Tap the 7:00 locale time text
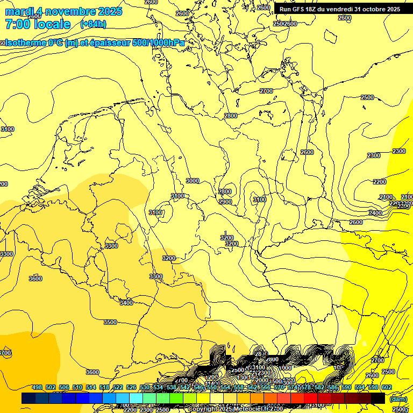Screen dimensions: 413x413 tap(38, 24)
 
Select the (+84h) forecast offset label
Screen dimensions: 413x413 tap(93, 24)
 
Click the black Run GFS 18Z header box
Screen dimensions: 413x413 tap(340, 9)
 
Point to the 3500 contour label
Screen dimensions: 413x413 tap(110, 322)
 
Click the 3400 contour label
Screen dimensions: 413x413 tap(126, 303)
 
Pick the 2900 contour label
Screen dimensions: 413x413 tap(225, 202)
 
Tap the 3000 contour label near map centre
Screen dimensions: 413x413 tap(193, 181)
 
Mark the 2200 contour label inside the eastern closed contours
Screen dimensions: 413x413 tap(380, 182)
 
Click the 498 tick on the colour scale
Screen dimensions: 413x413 tap(37, 388)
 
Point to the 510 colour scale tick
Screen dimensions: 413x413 tap(77, 388)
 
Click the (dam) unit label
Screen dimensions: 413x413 tap(398, 398)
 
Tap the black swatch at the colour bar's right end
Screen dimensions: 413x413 tap(378, 398)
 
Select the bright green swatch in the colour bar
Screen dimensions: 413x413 tap(176, 398)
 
